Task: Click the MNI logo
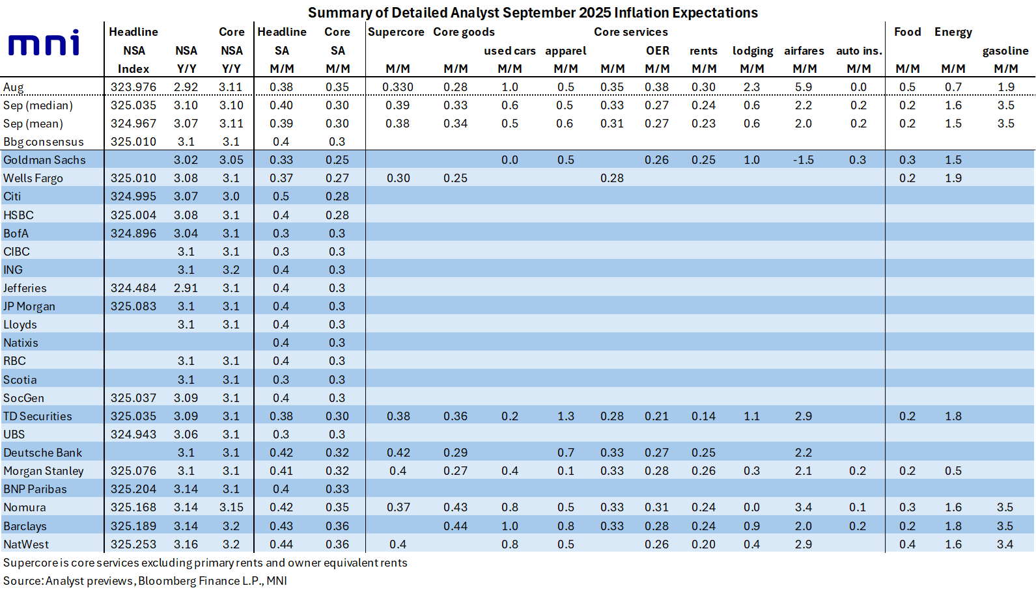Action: pos(44,43)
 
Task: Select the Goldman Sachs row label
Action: pos(44,160)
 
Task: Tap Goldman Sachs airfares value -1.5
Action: pos(803,160)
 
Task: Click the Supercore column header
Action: pos(396,32)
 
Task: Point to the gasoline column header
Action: pos(1005,51)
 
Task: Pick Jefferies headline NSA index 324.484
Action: pos(133,288)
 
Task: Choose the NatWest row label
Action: pos(26,544)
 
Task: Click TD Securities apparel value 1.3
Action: pos(565,416)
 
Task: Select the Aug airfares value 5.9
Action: pos(804,87)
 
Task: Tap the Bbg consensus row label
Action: pos(43,142)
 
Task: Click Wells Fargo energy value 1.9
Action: pos(953,178)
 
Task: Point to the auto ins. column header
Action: pos(858,51)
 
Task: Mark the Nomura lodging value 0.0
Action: pos(751,507)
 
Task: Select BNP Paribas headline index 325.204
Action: pos(133,489)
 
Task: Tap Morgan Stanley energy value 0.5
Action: pos(953,471)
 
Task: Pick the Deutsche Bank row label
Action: pos(42,453)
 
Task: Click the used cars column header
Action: pos(509,51)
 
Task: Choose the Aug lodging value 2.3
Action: pos(751,87)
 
